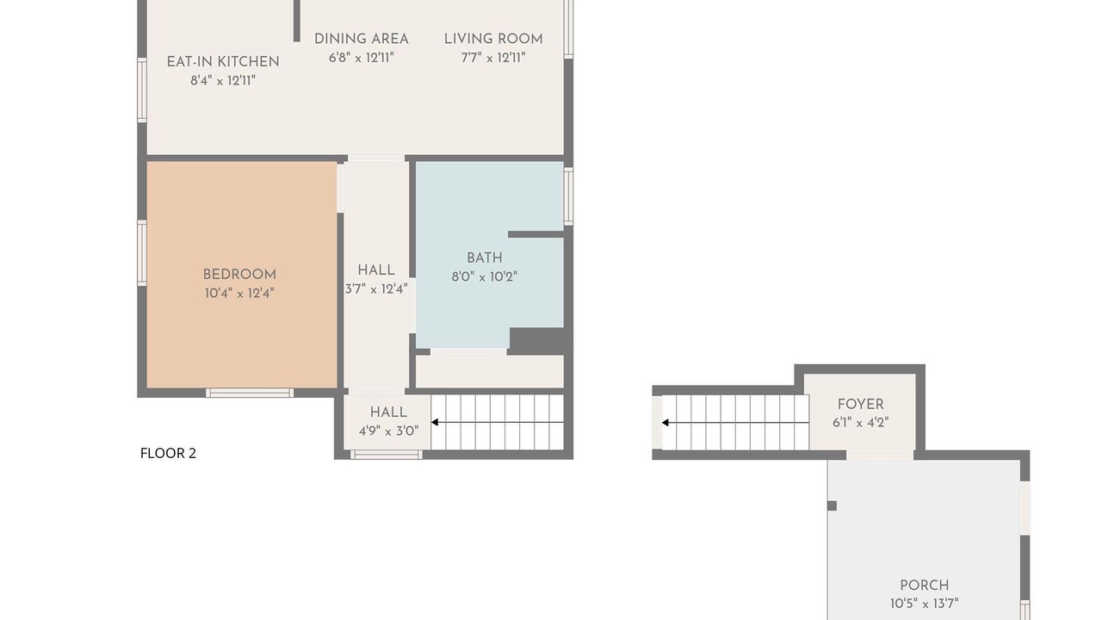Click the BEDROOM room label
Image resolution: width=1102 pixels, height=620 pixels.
point(239,275)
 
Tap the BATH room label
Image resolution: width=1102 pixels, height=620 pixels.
point(485,257)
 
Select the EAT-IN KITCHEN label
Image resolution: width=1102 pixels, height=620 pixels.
point(223,62)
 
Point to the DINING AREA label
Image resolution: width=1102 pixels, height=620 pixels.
point(362,39)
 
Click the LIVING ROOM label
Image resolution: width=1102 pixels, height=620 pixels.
point(493,39)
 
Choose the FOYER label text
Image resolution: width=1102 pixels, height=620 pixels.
point(860,405)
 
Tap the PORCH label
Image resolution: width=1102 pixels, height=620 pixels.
point(925,586)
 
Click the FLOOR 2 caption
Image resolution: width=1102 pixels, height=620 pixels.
point(168,453)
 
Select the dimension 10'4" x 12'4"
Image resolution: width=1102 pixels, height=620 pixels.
point(239,294)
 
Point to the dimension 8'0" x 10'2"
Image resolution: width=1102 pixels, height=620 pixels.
point(485,276)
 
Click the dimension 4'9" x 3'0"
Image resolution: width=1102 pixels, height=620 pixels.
point(388,431)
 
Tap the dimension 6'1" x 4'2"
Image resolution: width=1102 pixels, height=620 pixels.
point(860,423)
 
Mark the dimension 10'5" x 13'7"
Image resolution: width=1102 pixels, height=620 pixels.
point(925,604)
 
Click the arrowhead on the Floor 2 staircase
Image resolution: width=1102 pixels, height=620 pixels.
point(435,422)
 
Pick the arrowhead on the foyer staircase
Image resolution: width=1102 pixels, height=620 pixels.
point(666,423)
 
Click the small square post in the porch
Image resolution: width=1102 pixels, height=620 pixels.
point(832,505)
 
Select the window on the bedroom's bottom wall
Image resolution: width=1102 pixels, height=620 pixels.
point(250,393)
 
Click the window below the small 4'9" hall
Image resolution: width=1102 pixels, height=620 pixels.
point(387,455)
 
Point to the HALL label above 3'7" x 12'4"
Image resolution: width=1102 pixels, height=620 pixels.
point(376,270)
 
